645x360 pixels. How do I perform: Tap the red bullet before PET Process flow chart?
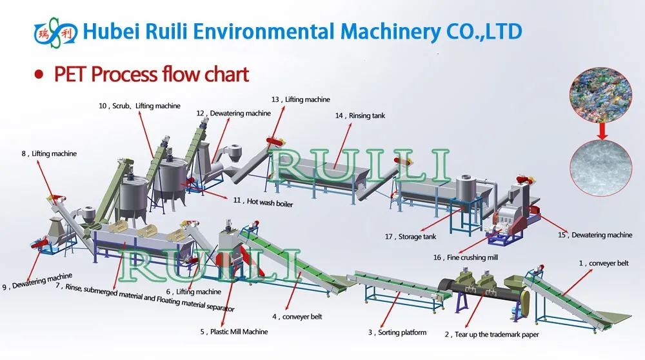point(39,74)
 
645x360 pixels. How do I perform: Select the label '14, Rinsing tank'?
point(359,115)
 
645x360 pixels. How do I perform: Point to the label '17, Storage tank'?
point(411,237)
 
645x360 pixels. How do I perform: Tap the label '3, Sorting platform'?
point(397,332)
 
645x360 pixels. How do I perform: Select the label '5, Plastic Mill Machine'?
point(233,332)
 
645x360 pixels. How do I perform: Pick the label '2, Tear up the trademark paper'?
point(491,334)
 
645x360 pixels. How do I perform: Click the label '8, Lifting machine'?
point(49,154)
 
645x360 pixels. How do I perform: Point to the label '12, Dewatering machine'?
point(233,114)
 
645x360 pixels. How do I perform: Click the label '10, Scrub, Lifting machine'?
point(139,106)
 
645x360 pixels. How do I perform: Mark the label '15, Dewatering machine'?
point(595,235)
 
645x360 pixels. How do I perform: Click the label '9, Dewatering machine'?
point(37,281)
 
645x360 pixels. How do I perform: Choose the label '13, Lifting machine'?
point(301,99)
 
